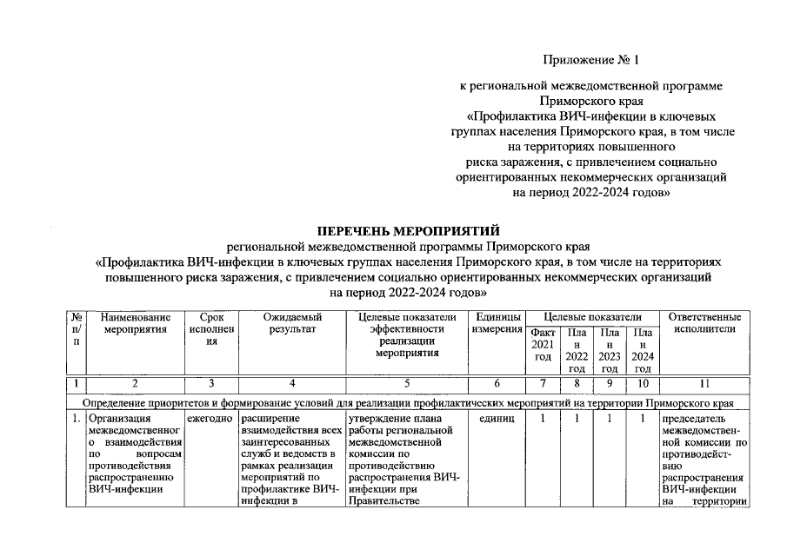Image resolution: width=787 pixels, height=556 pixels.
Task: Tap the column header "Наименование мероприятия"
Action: click(x=136, y=323)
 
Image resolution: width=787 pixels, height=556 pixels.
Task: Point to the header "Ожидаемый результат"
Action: click(x=292, y=323)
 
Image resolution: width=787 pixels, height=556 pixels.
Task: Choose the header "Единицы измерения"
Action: click(x=497, y=323)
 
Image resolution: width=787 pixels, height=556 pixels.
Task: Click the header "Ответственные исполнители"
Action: click(x=704, y=323)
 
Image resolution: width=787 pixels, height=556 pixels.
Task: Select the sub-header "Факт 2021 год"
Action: click(x=542, y=345)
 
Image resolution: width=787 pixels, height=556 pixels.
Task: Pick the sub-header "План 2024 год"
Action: click(x=643, y=351)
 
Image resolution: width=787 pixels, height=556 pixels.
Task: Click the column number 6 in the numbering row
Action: click(x=497, y=382)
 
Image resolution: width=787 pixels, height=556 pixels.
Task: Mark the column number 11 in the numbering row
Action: click(x=704, y=382)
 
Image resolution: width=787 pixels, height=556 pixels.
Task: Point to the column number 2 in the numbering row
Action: click(x=136, y=382)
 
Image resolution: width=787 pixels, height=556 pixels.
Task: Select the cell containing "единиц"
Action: click(x=497, y=419)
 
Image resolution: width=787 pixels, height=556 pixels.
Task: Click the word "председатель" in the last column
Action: click(x=696, y=419)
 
